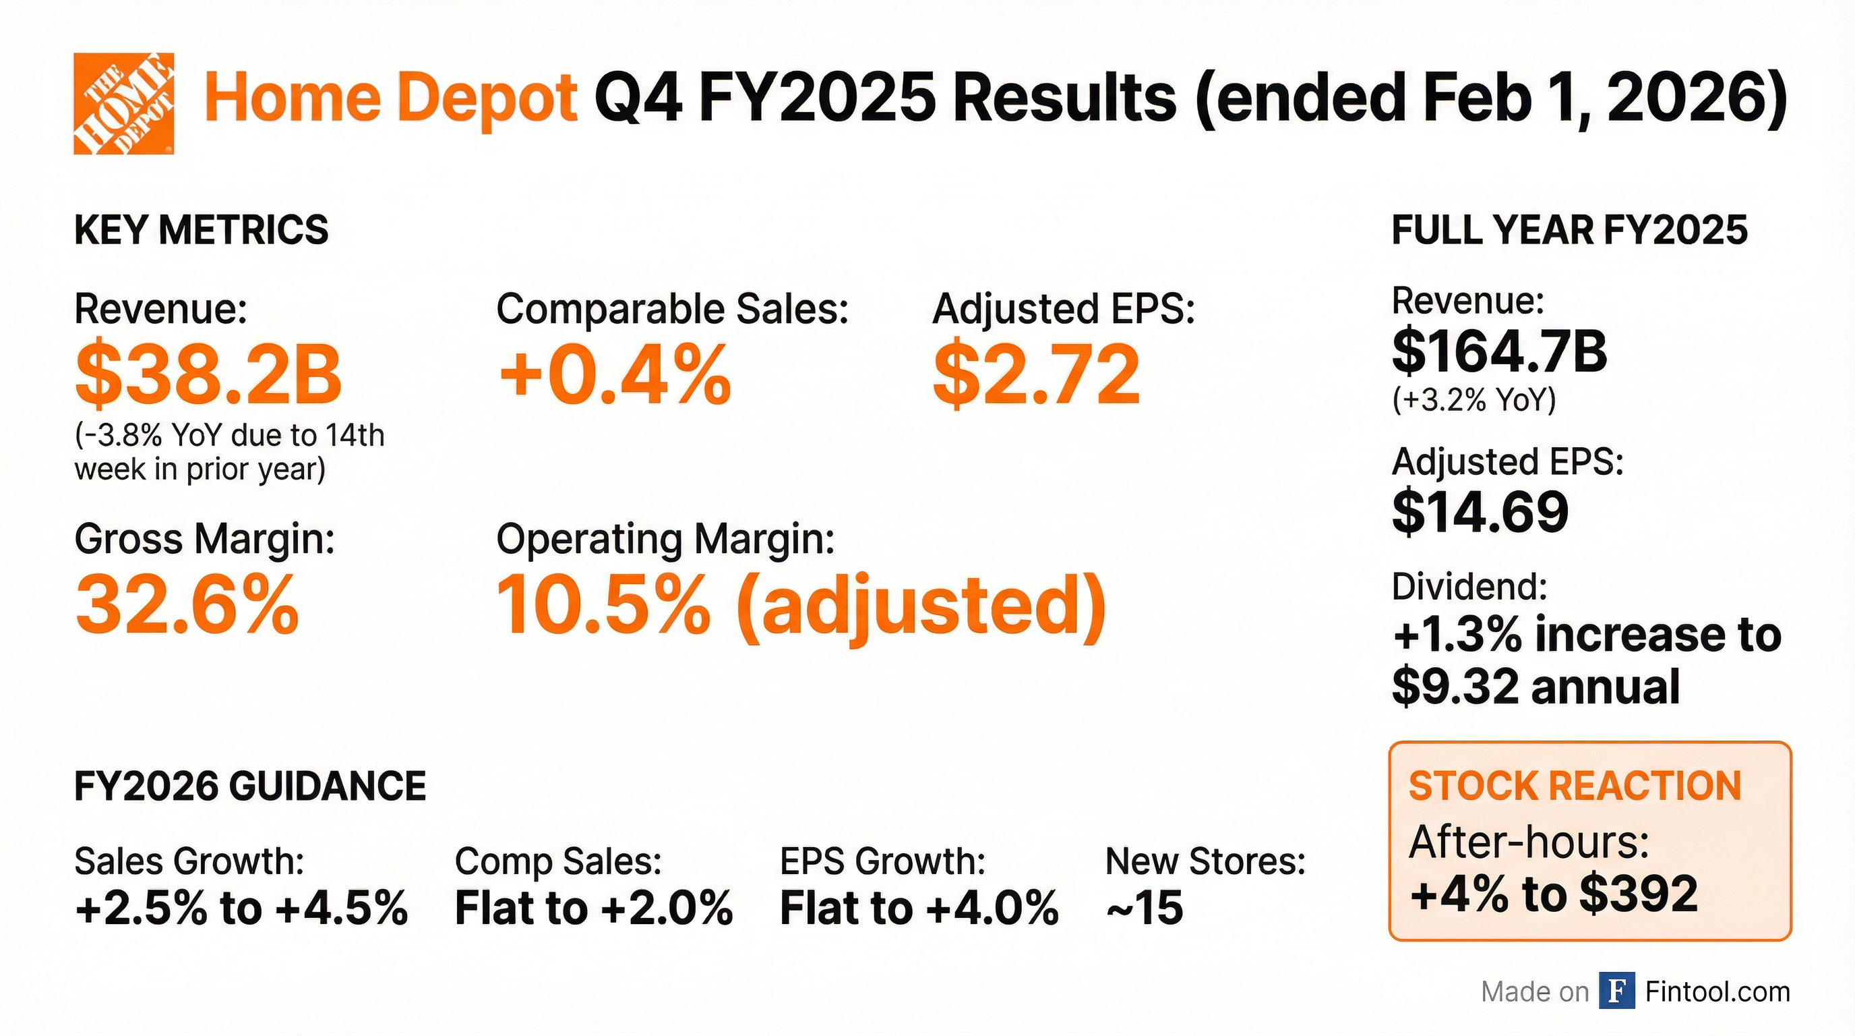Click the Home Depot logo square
pos(123,103)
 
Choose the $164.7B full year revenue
pos(1499,352)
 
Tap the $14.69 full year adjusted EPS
pos(1480,511)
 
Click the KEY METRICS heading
pos(201,231)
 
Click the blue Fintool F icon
pos(1616,991)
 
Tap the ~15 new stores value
pos(1145,907)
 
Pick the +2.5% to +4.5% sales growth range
pos(241,907)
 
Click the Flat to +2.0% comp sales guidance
pos(593,907)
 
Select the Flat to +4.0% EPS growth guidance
pos(919,907)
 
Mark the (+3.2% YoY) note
pos(1474,399)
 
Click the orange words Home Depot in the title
pos(391,98)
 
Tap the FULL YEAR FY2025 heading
pos(1569,231)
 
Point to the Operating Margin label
pos(665,539)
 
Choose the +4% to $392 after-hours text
pos(1554,894)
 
